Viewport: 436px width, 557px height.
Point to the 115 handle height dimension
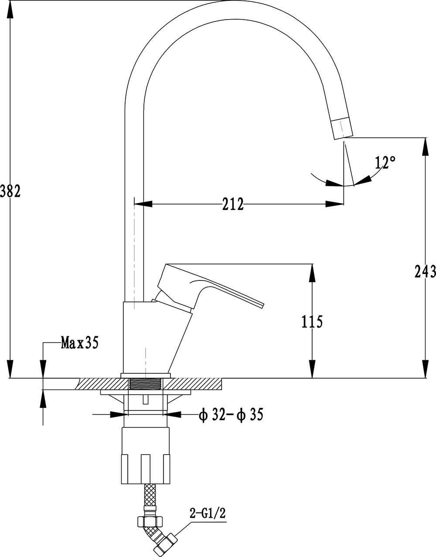pos(312,322)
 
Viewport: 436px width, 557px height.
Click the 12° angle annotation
pos(385,163)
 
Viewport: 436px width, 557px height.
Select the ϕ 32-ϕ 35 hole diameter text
pos(231,414)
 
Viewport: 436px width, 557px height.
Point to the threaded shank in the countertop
pos(146,384)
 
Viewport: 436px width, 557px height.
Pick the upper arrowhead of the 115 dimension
pos(312,272)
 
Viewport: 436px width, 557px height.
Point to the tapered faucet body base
pos(153,338)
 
